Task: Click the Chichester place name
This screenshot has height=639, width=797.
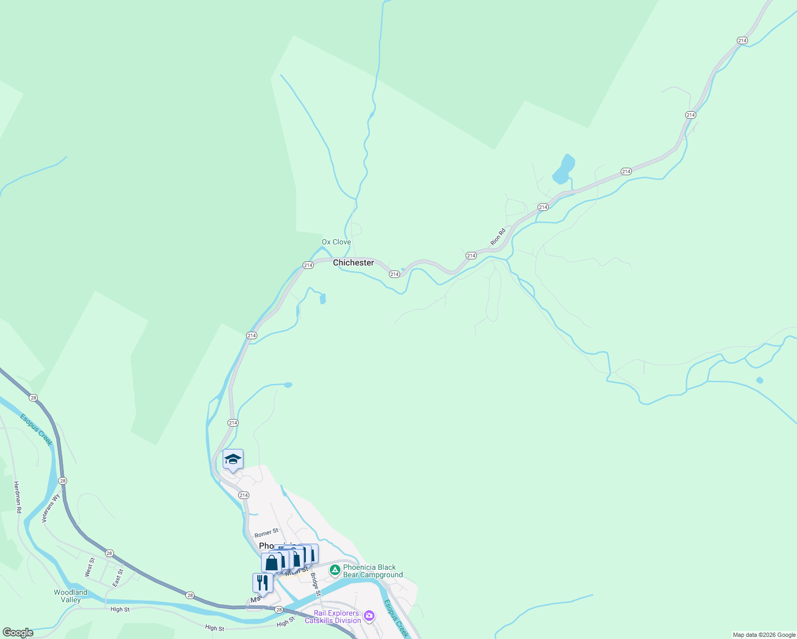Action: tap(353, 263)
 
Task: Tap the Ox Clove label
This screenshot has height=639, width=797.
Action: tap(336, 242)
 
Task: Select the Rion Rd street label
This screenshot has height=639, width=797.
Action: tap(498, 237)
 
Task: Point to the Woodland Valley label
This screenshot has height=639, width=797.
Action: tap(70, 596)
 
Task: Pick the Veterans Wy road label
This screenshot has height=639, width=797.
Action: tap(51, 509)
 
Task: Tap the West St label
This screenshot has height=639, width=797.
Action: tap(90, 568)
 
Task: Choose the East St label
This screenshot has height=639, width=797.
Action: tap(118, 578)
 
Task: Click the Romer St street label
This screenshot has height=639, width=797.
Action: tap(266, 533)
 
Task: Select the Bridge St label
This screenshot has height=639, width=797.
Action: tap(315, 584)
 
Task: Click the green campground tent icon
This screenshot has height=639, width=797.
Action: tap(335, 571)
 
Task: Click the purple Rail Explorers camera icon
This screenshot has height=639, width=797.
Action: tap(369, 617)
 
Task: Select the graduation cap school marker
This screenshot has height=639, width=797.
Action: tap(233, 460)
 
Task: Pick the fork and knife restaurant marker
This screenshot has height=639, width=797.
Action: tap(263, 582)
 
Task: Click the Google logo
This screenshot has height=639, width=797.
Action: tap(18, 633)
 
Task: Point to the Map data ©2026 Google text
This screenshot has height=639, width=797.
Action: tap(763, 635)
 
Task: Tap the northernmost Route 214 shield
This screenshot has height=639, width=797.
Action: tap(742, 40)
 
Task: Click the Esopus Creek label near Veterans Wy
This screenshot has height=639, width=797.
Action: tap(36, 429)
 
